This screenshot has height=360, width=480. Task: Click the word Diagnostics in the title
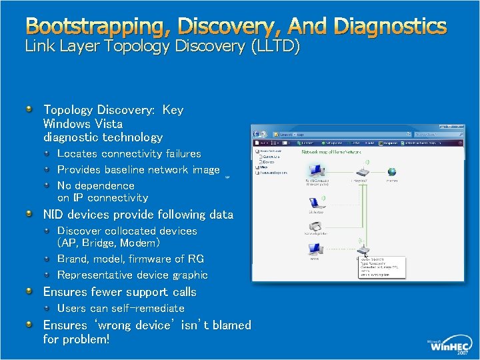[390, 27]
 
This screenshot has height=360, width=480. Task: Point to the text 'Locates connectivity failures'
[129, 153]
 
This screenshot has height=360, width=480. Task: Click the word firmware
[150, 259]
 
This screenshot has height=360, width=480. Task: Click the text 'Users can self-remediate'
[121, 308]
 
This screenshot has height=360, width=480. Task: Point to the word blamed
[229, 325]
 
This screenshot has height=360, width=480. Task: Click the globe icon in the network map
[391, 172]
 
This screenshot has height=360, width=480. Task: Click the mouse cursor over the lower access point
[366, 254]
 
